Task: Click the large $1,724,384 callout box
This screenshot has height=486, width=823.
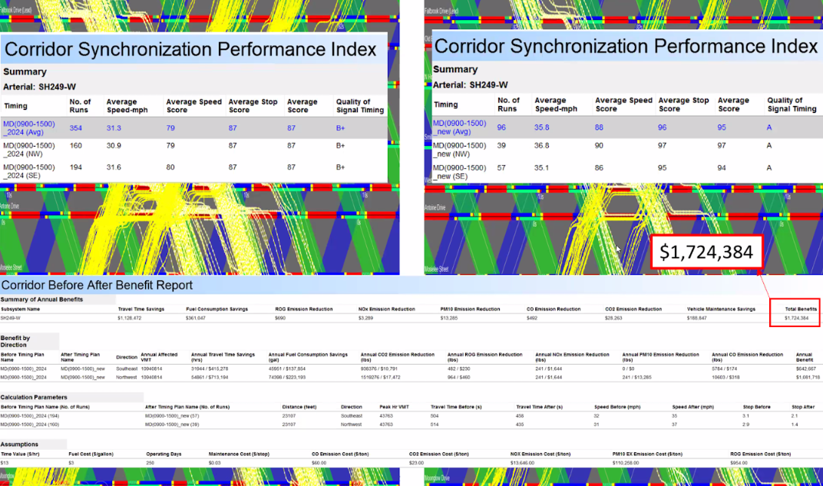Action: click(706, 251)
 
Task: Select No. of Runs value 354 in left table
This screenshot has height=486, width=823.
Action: click(76, 128)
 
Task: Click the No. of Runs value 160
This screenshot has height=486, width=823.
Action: click(76, 146)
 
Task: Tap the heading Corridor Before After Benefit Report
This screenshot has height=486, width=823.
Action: click(98, 286)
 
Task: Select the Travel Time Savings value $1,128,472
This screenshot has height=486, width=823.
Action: click(133, 317)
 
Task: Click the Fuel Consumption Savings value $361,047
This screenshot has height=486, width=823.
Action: click(200, 317)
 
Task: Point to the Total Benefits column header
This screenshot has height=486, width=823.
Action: click(801, 309)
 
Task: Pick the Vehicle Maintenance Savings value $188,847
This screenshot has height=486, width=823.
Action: click(701, 317)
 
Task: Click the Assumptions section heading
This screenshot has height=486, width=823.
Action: click(19, 445)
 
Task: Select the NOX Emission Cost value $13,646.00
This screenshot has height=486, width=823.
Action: click(526, 463)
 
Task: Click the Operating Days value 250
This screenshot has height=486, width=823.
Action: click(152, 463)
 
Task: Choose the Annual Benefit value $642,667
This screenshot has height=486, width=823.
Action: click(806, 369)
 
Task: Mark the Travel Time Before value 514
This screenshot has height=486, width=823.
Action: click(435, 424)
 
